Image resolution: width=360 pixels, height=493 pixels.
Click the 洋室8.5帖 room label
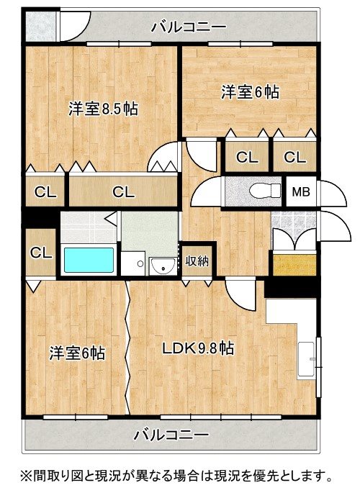pyautogui.click(x=104, y=109)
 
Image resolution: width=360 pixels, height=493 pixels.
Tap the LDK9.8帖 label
pyautogui.click(x=198, y=348)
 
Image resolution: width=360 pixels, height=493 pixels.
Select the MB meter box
pyautogui.click(x=301, y=191)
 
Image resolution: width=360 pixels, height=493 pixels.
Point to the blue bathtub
pyautogui.click(x=89, y=260)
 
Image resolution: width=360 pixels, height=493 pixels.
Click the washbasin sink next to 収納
pyautogui.click(x=163, y=266)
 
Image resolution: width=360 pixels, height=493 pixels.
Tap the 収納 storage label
pyautogui.click(x=197, y=261)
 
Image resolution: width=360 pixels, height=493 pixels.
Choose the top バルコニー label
pyautogui.click(x=189, y=27)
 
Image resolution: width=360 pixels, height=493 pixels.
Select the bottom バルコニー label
pyautogui.click(x=171, y=435)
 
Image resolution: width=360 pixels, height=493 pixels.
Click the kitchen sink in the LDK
pyautogui.click(x=307, y=359)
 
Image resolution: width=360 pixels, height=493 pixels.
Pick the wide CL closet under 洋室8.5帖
pyautogui.click(x=124, y=191)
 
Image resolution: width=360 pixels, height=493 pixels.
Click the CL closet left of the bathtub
pyautogui.click(x=41, y=253)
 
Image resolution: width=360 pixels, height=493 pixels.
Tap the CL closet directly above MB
pyautogui.click(x=294, y=157)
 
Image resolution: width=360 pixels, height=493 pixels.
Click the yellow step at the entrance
pyautogui.click(x=294, y=265)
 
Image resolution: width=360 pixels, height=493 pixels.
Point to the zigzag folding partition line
pyautogui.click(x=127, y=347)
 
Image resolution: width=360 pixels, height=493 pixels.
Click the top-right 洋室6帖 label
pyautogui.click(x=251, y=92)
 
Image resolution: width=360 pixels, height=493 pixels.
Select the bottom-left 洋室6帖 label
pyautogui.click(x=77, y=353)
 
